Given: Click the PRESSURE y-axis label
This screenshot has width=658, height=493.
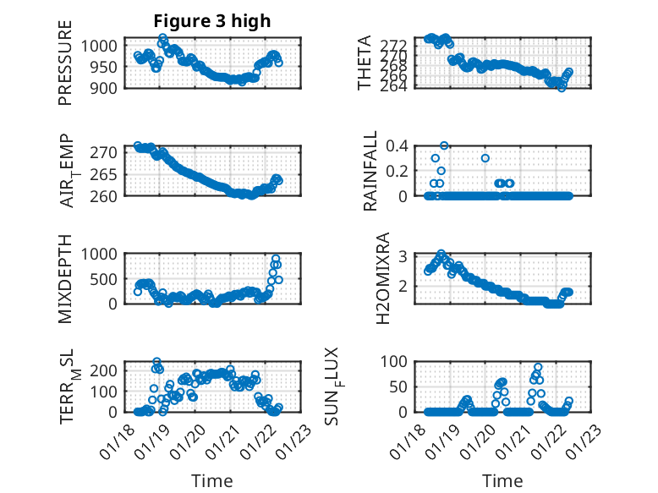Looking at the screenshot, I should point(65,63).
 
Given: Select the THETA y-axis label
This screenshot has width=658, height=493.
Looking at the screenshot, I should point(365,63).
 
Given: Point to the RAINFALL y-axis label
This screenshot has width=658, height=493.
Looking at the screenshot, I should point(370,171).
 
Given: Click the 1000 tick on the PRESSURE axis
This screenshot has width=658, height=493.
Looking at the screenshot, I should point(106,46).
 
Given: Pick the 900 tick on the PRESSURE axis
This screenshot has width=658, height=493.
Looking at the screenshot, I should point(110,87).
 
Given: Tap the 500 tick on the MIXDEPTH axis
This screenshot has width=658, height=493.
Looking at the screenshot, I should point(110,278).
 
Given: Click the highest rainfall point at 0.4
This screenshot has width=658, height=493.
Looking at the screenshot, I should point(444,145).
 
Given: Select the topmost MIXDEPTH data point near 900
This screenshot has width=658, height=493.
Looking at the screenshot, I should point(276,259).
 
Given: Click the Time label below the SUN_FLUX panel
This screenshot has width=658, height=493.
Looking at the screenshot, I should point(502,481).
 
